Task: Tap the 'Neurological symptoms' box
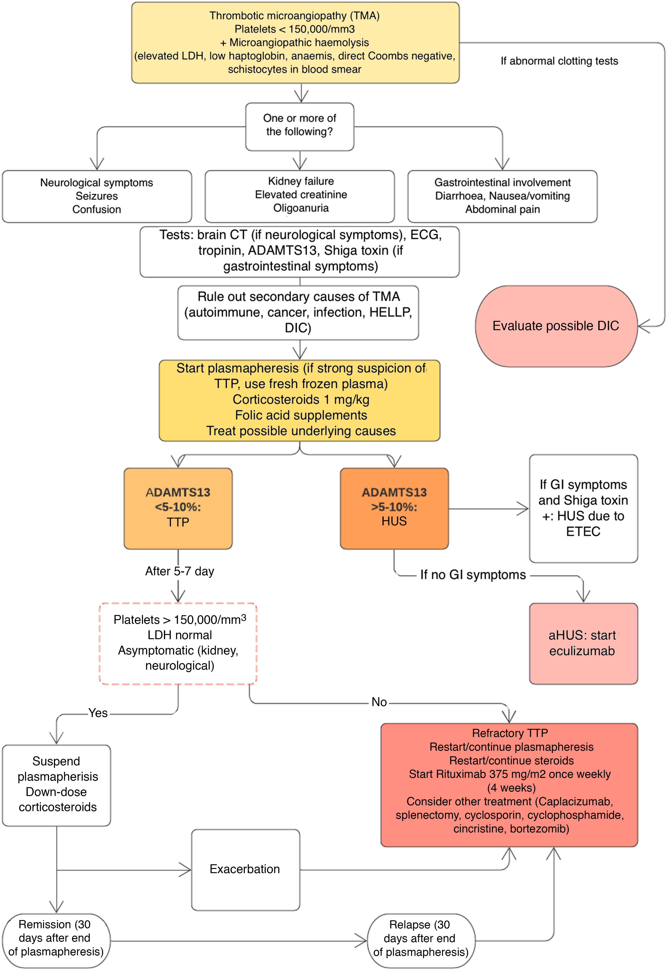[97, 196]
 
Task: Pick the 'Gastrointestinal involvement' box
[502, 196]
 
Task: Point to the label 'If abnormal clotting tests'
[559, 61]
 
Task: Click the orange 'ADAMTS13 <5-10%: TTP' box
[178, 508]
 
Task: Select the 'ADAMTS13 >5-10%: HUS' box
[394, 508]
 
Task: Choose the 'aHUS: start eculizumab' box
[583, 643]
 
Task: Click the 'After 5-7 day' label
[180, 571]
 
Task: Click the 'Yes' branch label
[98, 713]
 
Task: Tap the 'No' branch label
[379, 702]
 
